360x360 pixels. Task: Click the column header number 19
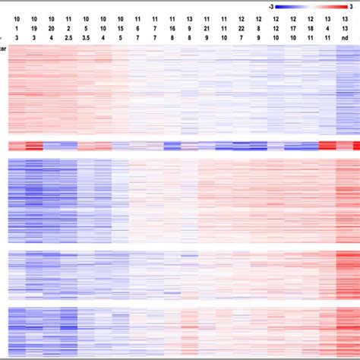click(33, 27)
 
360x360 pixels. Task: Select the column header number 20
click(51, 27)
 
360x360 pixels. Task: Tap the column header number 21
click(207, 27)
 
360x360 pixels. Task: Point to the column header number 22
click(241, 27)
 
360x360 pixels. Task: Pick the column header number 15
click(120, 27)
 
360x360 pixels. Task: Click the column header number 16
click(172, 27)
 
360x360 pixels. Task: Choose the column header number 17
click(293, 27)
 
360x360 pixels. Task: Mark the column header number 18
click(310, 27)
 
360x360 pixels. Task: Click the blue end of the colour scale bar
click(280, 5)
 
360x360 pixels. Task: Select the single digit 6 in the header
click(137, 27)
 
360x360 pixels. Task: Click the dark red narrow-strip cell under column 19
click(33, 146)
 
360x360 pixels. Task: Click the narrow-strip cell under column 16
click(172, 146)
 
